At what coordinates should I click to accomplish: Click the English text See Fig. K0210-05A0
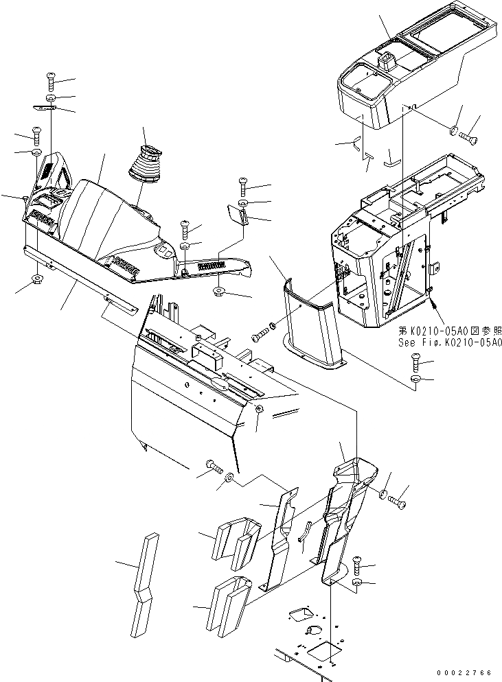tap(449, 343)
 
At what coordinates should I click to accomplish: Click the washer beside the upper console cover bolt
tap(454, 130)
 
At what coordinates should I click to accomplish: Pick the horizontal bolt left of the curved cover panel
tap(260, 336)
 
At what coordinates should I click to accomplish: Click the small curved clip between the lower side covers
tap(305, 530)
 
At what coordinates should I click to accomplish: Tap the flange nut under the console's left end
tap(36, 279)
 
